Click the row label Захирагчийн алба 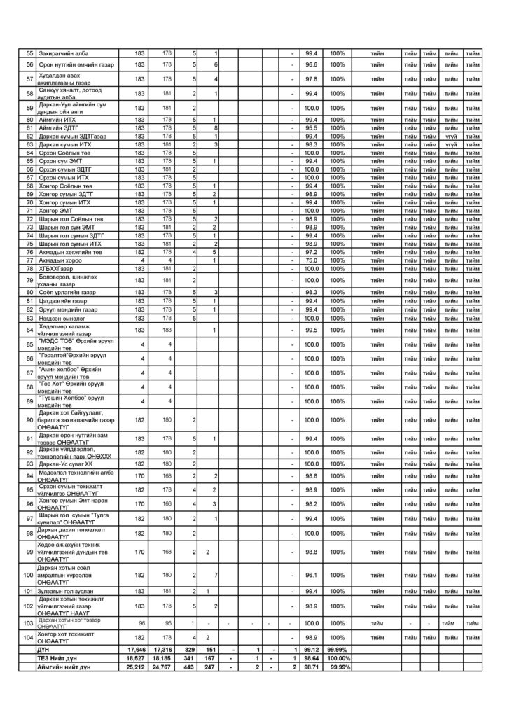pos(59,54)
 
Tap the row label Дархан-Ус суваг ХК pos(65,464)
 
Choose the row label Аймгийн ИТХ pos(53,120)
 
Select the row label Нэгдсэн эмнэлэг pos(59,317)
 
